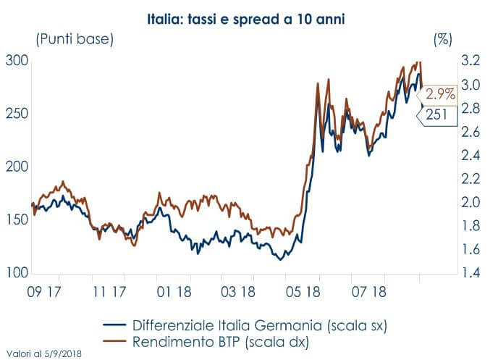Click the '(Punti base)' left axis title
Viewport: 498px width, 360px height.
(75, 40)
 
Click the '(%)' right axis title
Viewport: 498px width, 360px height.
(442, 41)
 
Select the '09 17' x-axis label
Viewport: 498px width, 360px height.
(45, 292)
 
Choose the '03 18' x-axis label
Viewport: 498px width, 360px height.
(238, 292)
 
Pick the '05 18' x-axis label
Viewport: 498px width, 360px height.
(303, 292)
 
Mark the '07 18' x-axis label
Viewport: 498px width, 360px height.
(367, 292)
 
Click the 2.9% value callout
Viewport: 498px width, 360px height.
(439, 94)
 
